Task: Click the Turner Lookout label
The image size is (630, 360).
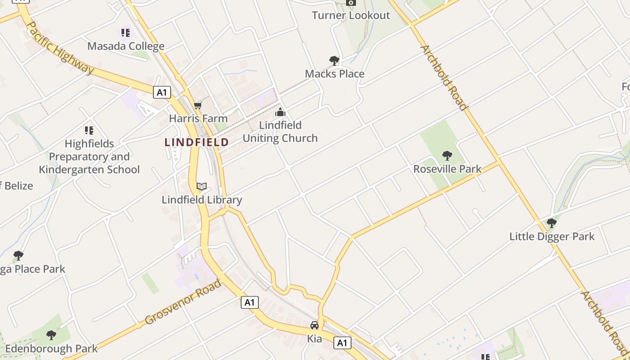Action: (x=351, y=15)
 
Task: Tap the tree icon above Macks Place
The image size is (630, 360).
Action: (x=334, y=60)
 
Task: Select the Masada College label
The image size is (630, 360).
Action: (x=126, y=46)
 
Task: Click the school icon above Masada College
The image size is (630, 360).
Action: (x=126, y=32)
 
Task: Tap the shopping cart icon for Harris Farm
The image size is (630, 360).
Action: (x=198, y=106)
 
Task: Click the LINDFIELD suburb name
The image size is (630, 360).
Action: (x=197, y=142)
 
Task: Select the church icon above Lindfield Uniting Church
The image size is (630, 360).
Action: (x=280, y=112)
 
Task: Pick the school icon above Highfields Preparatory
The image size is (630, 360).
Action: (x=89, y=130)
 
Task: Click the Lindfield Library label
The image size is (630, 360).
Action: (x=202, y=200)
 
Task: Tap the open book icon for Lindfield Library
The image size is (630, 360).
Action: (x=202, y=186)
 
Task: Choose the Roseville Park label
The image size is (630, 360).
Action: (x=447, y=169)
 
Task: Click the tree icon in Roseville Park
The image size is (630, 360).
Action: (x=447, y=156)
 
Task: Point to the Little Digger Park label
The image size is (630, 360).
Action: (x=552, y=236)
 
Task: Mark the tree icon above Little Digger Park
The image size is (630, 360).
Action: (x=551, y=223)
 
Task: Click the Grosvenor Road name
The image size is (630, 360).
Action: (x=183, y=302)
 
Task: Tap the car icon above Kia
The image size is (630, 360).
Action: (x=315, y=325)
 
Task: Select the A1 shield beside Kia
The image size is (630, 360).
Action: (x=342, y=343)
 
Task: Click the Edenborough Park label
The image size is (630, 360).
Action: (x=51, y=348)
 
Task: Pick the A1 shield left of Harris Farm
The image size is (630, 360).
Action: (x=162, y=93)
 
